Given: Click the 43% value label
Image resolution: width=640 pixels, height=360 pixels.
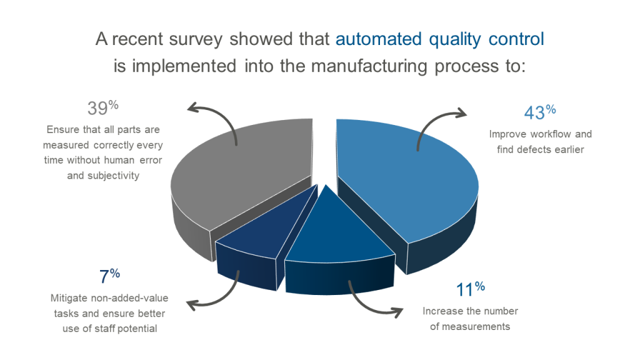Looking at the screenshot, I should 539,113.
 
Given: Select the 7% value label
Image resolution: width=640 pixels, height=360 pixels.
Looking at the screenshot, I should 109,276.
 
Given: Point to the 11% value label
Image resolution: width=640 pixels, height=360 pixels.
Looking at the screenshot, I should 468,290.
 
